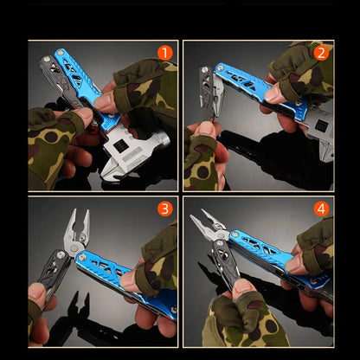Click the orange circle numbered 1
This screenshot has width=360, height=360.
pyautogui.click(x=165, y=53)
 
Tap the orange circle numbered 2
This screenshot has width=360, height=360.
pyautogui.click(x=321, y=53)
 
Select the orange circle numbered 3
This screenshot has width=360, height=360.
pyautogui.click(x=165, y=209)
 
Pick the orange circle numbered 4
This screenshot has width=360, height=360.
pyautogui.click(x=321, y=209)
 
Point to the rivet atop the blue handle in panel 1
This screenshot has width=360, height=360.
pyautogui.click(x=60, y=53)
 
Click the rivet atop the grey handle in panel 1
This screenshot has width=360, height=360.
pyautogui.click(x=46, y=60)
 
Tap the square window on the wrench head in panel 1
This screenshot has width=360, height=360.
pyautogui.click(x=119, y=147)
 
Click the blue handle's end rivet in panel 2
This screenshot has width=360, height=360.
pyautogui.click(x=220, y=68)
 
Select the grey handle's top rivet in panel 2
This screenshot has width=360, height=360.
pyautogui.click(x=205, y=70)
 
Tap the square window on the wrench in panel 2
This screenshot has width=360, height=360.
pyautogui.click(x=321, y=125)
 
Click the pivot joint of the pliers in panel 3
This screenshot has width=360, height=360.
pyautogui.click(x=74, y=247)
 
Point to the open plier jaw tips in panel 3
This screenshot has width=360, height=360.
pyautogui.click(x=79, y=215)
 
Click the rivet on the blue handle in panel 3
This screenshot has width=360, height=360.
pyautogui.click(x=81, y=256)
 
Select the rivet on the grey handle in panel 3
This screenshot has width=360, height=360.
pyautogui.click(x=61, y=254)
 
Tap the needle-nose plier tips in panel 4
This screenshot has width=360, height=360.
pyautogui.click(x=200, y=216)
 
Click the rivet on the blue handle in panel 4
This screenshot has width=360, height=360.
pyautogui.click(x=235, y=235)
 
